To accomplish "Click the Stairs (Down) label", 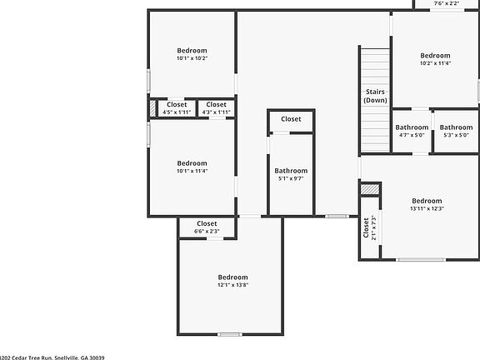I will [x=375, y=96].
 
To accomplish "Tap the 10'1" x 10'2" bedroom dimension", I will [x=192, y=58].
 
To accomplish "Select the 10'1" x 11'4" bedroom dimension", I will [x=192, y=172].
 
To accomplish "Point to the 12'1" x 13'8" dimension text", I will [x=233, y=285].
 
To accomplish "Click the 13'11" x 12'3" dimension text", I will [x=426, y=208].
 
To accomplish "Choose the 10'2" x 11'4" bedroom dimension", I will [x=435, y=63].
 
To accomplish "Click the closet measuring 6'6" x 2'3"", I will [x=207, y=227].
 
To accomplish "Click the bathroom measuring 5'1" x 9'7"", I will [x=291, y=174].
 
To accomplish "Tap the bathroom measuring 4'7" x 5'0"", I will [x=412, y=131].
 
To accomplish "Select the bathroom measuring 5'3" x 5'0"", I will [x=456, y=131].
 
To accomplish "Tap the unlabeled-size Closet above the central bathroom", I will [x=291, y=119].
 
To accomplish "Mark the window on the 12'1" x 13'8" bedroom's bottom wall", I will [x=229, y=334].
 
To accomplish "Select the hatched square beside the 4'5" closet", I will [x=152, y=108].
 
